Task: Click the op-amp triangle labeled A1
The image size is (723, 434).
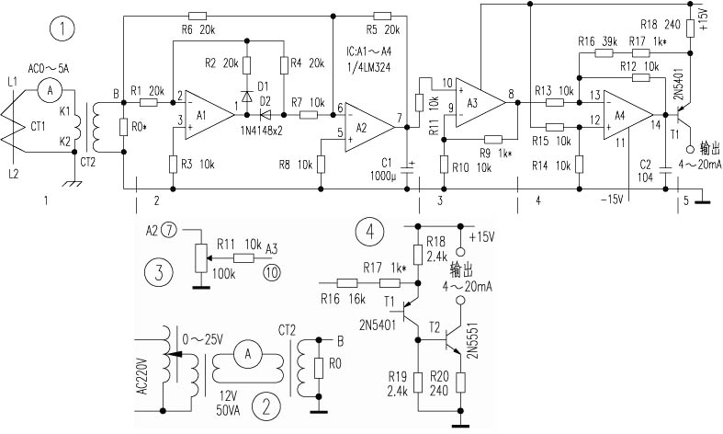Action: pyautogui.click(x=203, y=108)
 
